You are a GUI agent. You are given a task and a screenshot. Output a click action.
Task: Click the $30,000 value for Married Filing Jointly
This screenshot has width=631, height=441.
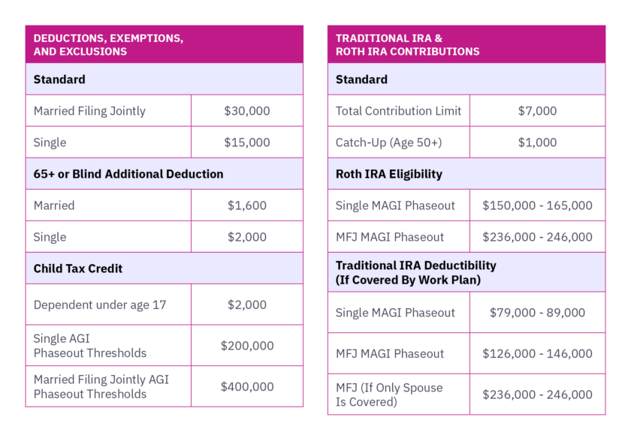click(246, 111)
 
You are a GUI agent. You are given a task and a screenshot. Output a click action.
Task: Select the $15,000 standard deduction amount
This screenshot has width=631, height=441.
click(246, 142)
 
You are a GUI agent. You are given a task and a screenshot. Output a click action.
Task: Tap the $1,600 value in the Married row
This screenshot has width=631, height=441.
click(246, 205)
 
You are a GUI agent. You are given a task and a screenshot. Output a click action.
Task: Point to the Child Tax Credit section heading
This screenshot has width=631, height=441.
click(78, 268)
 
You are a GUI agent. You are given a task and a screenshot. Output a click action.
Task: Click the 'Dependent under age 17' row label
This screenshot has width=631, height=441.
click(100, 305)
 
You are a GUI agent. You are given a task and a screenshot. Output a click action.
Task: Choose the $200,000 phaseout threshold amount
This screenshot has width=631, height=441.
click(246, 346)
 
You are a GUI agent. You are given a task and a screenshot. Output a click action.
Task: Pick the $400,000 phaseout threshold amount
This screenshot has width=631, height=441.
click(246, 387)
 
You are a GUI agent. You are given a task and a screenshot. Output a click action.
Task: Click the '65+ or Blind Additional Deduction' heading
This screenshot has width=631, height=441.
click(128, 174)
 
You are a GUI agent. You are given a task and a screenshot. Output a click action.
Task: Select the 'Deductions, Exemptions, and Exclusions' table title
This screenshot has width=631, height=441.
click(108, 44)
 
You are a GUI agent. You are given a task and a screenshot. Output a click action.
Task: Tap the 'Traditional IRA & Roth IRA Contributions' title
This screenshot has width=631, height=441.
click(407, 44)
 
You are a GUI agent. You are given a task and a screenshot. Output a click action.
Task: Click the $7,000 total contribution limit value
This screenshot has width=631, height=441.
click(537, 111)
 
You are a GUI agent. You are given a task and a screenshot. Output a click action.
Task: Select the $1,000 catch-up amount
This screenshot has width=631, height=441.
click(537, 142)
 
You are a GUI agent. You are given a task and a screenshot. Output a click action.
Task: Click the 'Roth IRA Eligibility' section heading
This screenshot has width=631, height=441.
click(388, 174)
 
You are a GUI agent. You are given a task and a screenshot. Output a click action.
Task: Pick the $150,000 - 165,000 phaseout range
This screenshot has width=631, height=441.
click(537, 205)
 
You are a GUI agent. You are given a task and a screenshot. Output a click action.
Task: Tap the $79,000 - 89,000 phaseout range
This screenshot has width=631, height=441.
click(537, 313)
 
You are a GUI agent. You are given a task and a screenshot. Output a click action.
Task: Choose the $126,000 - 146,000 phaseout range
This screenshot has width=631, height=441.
click(537, 354)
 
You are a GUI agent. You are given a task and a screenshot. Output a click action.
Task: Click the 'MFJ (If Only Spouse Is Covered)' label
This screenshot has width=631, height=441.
click(389, 394)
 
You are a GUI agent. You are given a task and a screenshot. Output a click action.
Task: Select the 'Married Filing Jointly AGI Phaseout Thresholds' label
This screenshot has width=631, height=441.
click(101, 387)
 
